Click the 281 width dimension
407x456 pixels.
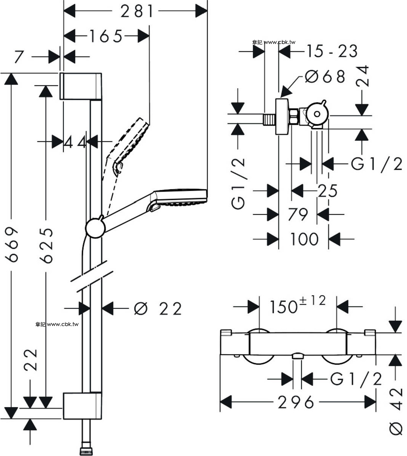(137, 11)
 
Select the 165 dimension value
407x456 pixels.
(106, 36)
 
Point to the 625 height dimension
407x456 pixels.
(46, 246)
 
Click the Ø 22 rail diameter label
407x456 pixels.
(158, 309)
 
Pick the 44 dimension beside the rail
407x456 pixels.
(74, 142)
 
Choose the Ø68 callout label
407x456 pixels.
(325, 77)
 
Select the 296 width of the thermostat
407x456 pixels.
(296, 402)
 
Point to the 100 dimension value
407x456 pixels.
(304, 239)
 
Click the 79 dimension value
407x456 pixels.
(298, 214)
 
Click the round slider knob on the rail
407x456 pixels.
(95, 228)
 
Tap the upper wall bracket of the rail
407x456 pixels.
(81, 86)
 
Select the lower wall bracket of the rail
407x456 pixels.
(82, 406)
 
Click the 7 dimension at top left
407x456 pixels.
(19, 57)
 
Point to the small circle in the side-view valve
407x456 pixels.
(317, 114)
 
